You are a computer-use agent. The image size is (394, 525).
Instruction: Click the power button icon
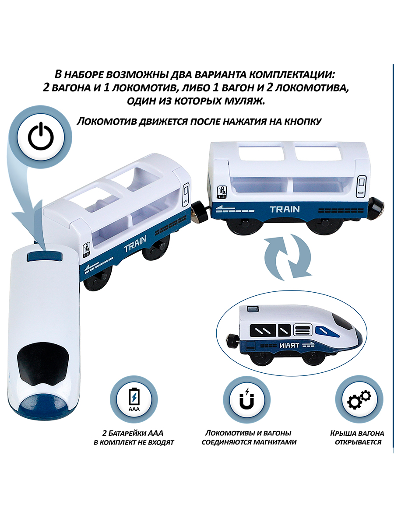[41, 136]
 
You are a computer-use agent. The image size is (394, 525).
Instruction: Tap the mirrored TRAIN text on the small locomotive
[289, 346]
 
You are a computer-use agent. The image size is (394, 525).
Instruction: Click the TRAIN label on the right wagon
[285, 209]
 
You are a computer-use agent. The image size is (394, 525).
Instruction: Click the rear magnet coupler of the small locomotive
[231, 342]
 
